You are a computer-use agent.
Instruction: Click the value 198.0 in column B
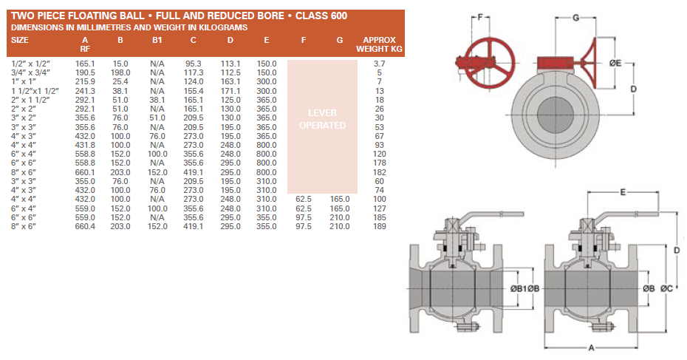coord(120,72)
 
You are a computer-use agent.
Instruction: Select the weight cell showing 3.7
coord(380,64)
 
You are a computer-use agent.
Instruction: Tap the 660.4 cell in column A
coord(85,226)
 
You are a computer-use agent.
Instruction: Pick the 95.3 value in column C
coord(194,64)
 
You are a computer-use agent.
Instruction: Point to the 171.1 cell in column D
coord(230,91)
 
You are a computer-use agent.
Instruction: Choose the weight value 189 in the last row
coord(380,226)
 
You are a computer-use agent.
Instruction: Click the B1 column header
coord(157,40)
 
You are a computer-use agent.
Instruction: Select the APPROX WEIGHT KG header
coord(380,44)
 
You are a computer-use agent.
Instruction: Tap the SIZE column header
coord(20,40)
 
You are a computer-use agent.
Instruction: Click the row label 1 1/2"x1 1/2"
coord(35,91)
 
